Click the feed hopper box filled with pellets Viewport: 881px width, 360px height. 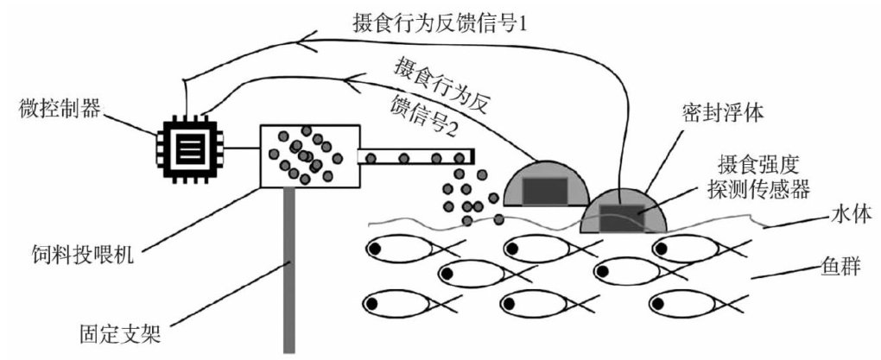pyautogui.click(x=307, y=155)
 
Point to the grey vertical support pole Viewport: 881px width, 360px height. pyautogui.click(x=290, y=268)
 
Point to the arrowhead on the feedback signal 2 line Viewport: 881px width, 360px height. pyautogui.click(x=355, y=84)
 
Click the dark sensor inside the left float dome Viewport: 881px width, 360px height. pyautogui.click(x=541, y=189)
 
